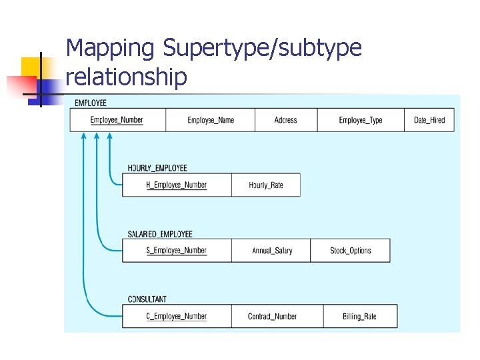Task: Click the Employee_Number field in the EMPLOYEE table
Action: click(x=117, y=120)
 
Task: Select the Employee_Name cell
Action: click(x=211, y=120)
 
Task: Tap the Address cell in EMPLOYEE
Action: click(x=285, y=120)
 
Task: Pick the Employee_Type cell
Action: click(x=361, y=120)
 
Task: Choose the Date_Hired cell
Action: click(x=429, y=120)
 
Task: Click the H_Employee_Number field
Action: click(x=177, y=185)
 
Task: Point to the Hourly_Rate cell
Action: click(x=266, y=185)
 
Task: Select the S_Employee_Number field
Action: click(x=177, y=251)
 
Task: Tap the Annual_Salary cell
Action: click(x=272, y=251)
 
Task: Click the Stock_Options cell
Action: click(x=351, y=251)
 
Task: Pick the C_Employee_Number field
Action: click(x=177, y=316)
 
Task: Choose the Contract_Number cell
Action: click(x=272, y=316)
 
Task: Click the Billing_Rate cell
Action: click(x=360, y=316)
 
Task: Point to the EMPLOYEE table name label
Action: click(x=91, y=103)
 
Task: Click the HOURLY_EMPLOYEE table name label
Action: click(x=157, y=168)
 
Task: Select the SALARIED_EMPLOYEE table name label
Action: click(x=160, y=234)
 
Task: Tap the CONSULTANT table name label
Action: click(x=147, y=299)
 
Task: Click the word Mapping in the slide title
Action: click(x=111, y=48)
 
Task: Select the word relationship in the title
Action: click(x=127, y=77)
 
